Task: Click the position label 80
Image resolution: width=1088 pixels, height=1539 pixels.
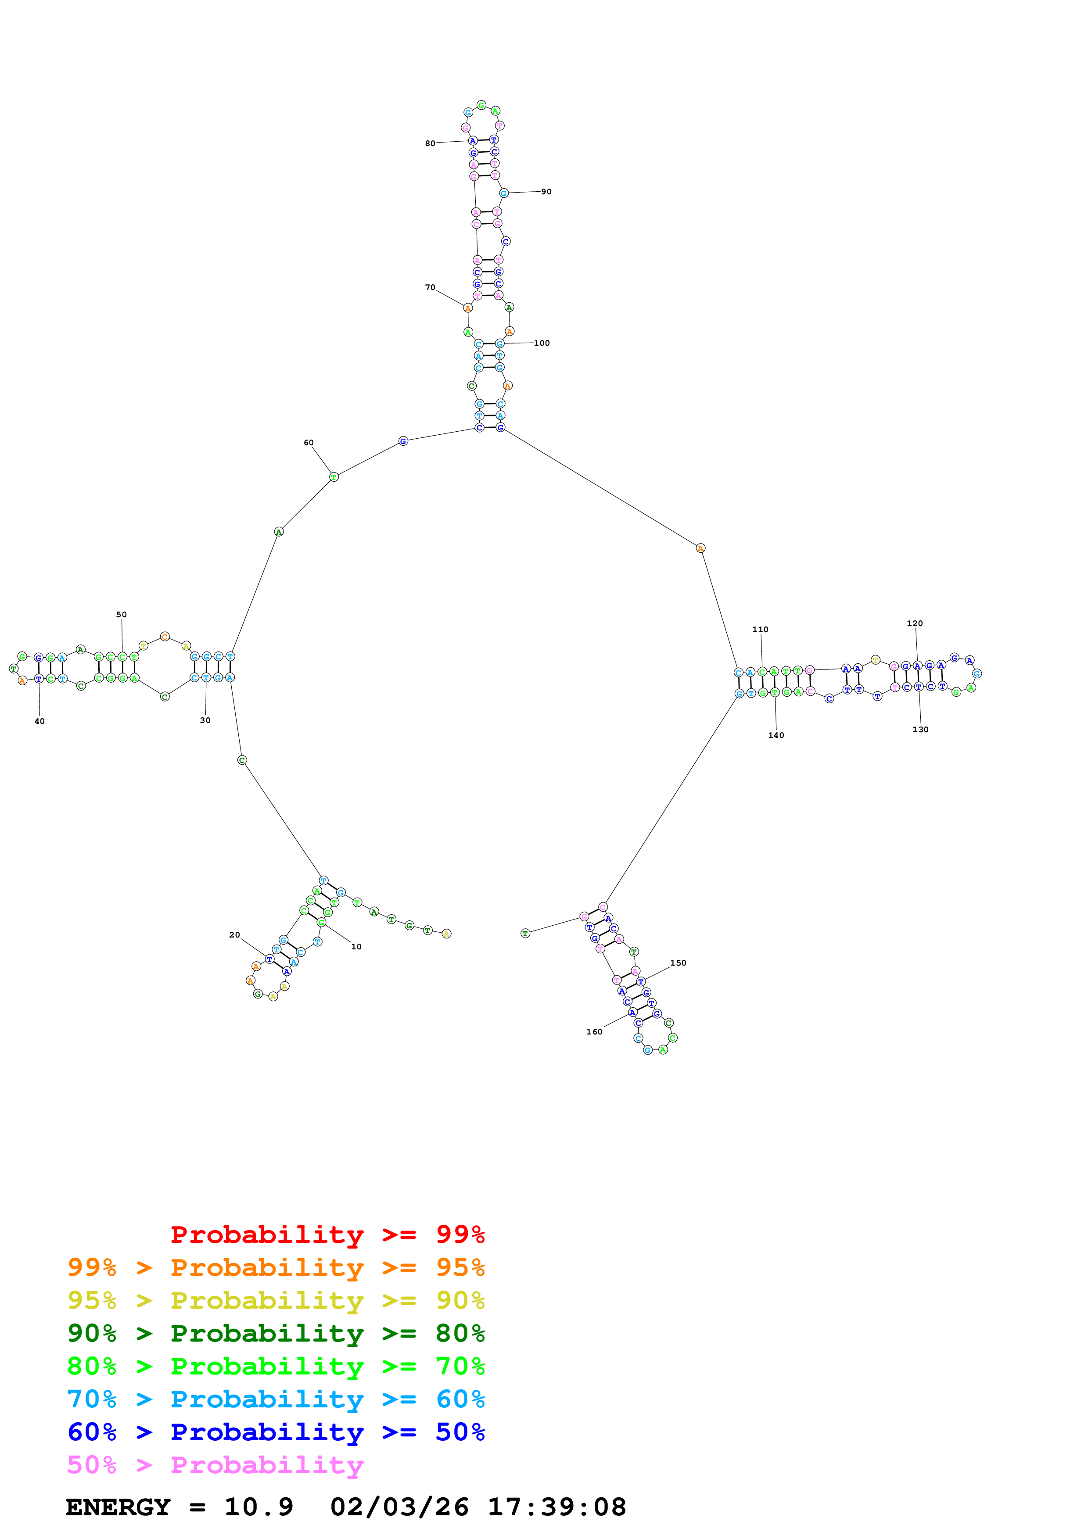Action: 430,143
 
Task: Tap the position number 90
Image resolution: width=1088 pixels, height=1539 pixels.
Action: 546,192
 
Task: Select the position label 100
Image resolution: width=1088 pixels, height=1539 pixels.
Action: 542,343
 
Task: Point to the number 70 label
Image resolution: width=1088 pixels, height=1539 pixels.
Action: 430,287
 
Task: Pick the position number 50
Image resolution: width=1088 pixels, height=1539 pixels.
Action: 121,615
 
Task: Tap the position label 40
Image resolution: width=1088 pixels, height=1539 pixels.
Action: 39,721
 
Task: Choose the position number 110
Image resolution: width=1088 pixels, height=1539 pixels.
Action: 760,630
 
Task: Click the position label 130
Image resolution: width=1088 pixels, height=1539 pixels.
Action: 920,729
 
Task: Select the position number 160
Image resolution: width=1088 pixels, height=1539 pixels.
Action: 594,1031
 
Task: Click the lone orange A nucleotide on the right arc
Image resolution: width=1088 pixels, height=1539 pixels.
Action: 700,548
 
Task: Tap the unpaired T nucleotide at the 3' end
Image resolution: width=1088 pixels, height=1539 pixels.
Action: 525,933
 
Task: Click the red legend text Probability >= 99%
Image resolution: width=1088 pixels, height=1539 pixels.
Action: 327,1234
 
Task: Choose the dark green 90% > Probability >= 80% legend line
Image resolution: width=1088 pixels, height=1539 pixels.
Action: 276,1333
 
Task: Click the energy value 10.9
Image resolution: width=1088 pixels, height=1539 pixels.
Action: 259,1507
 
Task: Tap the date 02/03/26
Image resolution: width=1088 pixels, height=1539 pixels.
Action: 399,1507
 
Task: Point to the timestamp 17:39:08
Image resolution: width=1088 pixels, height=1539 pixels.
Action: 557,1507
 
